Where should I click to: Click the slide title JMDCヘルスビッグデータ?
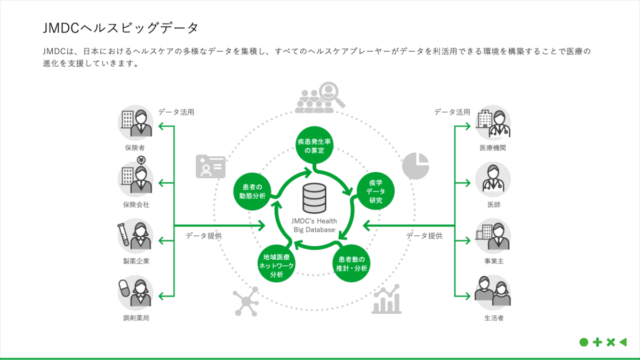[x=121, y=28]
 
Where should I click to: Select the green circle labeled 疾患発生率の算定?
[x=314, y=145]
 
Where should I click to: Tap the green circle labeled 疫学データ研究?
[x=375, y=191]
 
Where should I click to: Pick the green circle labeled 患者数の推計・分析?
[x=351, y=263]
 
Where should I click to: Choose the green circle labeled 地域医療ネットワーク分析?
[x=277, y=263]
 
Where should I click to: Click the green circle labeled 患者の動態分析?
[x=252, y=191]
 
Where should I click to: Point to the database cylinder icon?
[x=314, y=198]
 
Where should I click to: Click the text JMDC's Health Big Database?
[x=314, y=225]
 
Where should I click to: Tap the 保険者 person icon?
[x=135, y=123]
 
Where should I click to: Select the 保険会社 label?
[x=136, y=205]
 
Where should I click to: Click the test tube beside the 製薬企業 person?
[x=123, y=235]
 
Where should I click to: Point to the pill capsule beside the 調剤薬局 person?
[x=124, y=289]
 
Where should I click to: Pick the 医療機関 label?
[x=493, y=148]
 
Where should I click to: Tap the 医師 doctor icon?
[x=493, y=179]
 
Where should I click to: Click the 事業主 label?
[x=494, y=261]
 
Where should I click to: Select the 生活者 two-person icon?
[x=493, y=292]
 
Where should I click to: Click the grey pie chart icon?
[x=415, y=166]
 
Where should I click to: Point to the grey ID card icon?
[x=211, y=166]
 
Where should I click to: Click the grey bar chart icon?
[x=386, y=299]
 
